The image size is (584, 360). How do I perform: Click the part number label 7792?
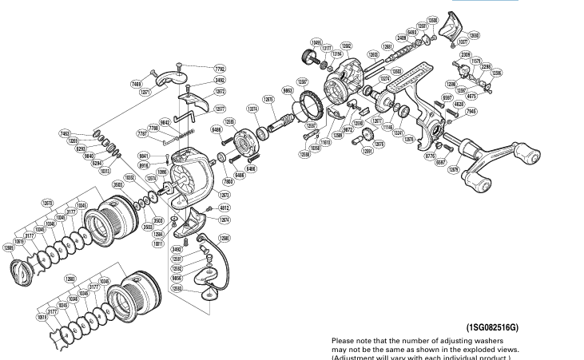coord(220,68)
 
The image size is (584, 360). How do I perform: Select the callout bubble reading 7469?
coord(137,83)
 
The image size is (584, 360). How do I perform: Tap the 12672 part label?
coord(220,92)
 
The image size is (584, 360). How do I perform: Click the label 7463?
coord(65,134)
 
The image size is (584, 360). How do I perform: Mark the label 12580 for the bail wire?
coord(224,239)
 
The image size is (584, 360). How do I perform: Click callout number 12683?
coord(70,279)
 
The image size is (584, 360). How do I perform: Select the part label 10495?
coord(316,42)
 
